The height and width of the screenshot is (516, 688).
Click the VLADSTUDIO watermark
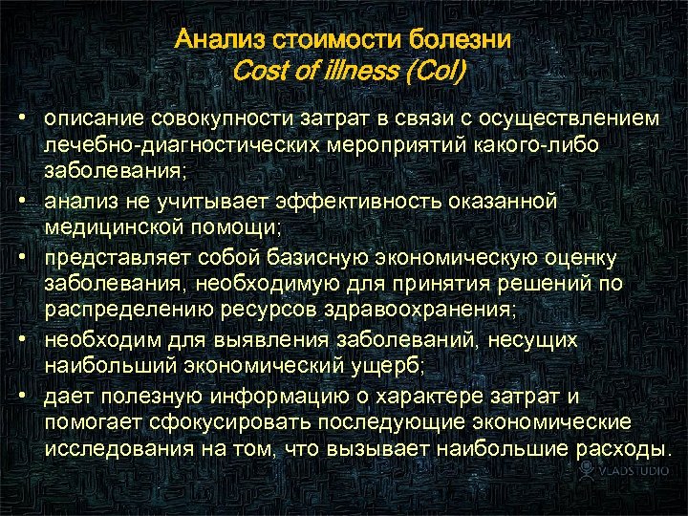pyautogui.click(x=625, y=472)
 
